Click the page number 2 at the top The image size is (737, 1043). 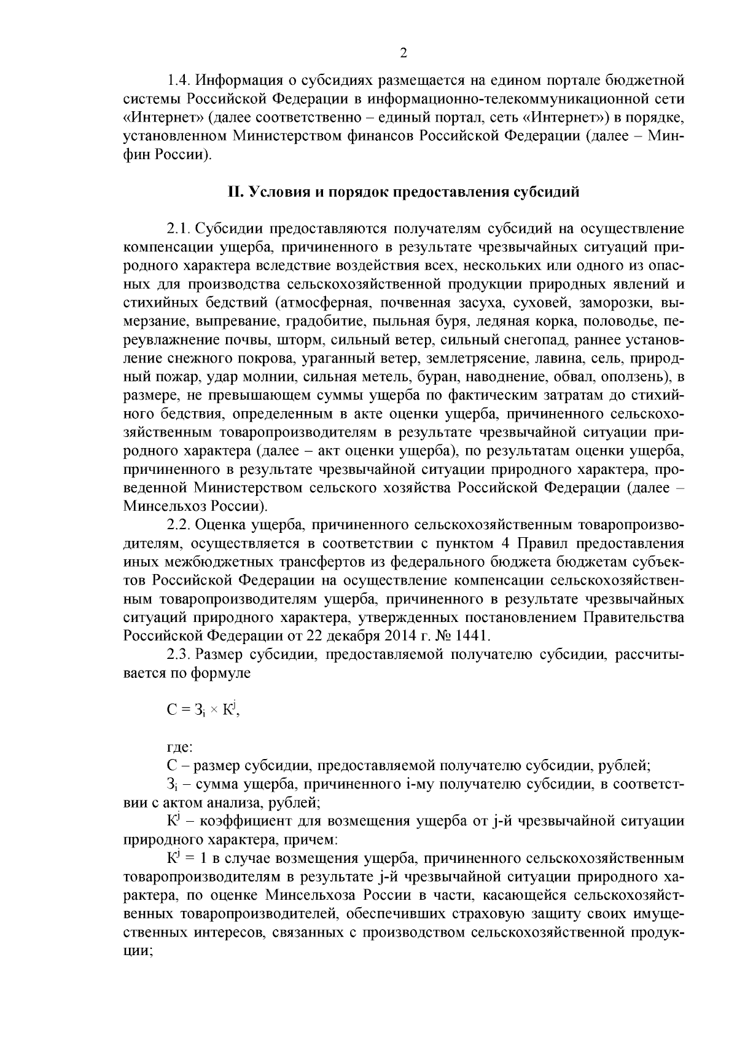pos(404,53)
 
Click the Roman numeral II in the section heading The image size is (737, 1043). pos(235,192)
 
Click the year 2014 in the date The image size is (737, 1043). pos(391,635)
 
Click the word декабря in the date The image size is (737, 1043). pos(341,635)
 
